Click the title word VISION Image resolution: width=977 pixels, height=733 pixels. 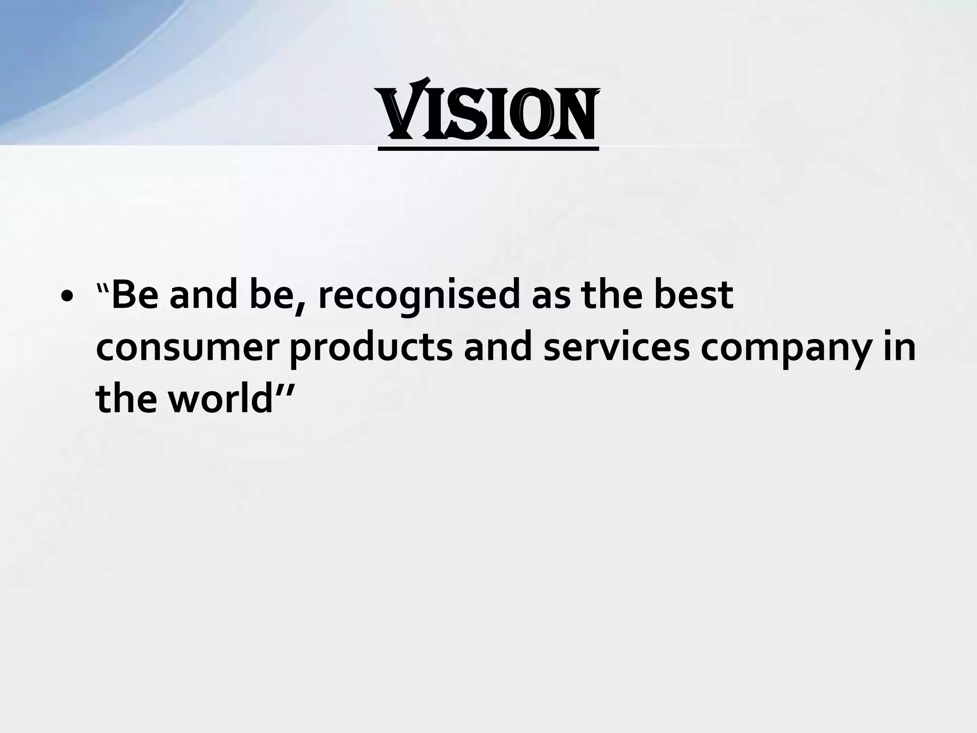point(488,115)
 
